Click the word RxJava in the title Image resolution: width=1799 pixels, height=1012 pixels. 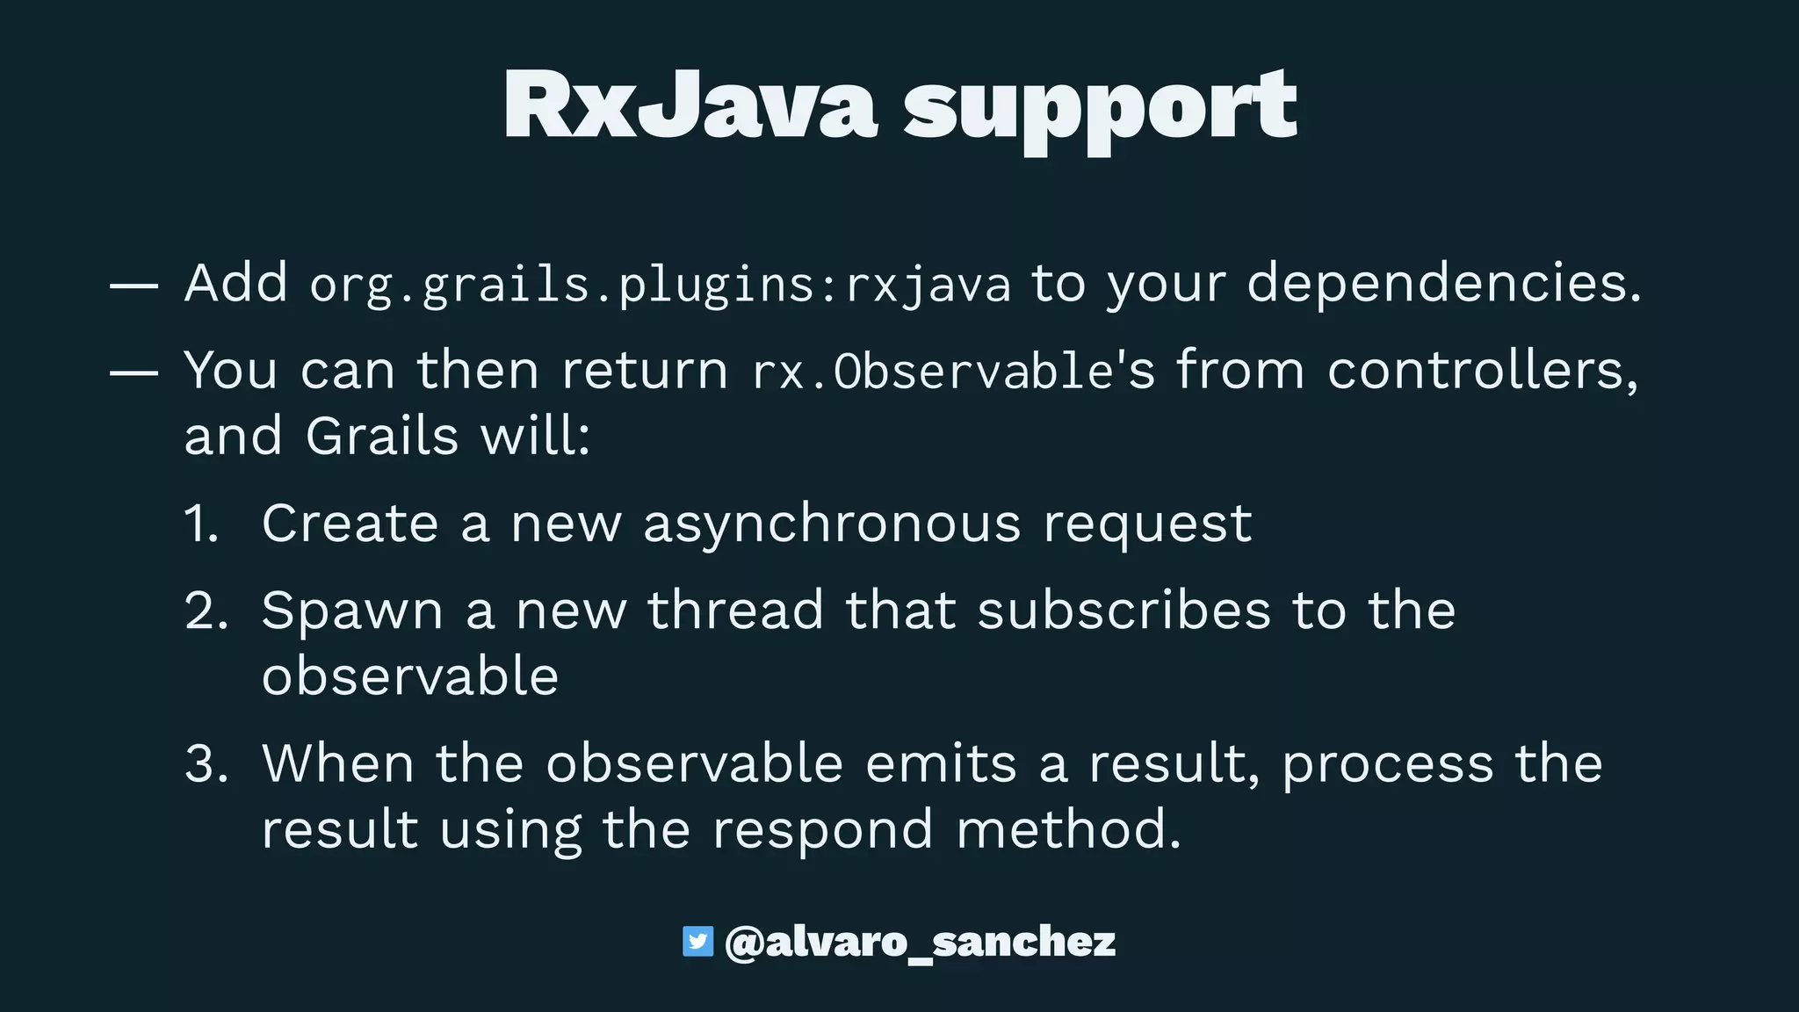690,105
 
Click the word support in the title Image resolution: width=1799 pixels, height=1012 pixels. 1100,110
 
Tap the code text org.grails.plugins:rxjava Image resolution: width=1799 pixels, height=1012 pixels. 660,286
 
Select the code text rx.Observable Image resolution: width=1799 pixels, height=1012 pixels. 933,372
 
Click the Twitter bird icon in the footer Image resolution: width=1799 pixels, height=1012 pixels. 697,941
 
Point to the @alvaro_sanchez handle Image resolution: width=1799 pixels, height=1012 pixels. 920,942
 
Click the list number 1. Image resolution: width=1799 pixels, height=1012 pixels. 201,524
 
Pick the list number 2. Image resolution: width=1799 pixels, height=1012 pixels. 206,611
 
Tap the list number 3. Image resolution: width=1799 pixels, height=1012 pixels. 206,763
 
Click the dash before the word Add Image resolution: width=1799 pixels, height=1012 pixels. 134,286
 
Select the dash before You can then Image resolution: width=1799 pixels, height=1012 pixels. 134,372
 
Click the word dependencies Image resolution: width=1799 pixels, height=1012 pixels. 1443,284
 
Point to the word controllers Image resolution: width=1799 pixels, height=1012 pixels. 1482,370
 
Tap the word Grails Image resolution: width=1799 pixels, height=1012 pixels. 382,436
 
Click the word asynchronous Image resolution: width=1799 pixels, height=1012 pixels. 832,524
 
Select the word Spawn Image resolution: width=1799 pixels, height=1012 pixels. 352,611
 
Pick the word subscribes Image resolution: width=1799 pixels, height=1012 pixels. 1124,611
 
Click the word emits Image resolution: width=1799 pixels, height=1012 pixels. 941,763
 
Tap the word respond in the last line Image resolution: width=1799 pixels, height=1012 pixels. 822,830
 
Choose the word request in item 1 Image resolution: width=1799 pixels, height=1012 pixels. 1147,524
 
